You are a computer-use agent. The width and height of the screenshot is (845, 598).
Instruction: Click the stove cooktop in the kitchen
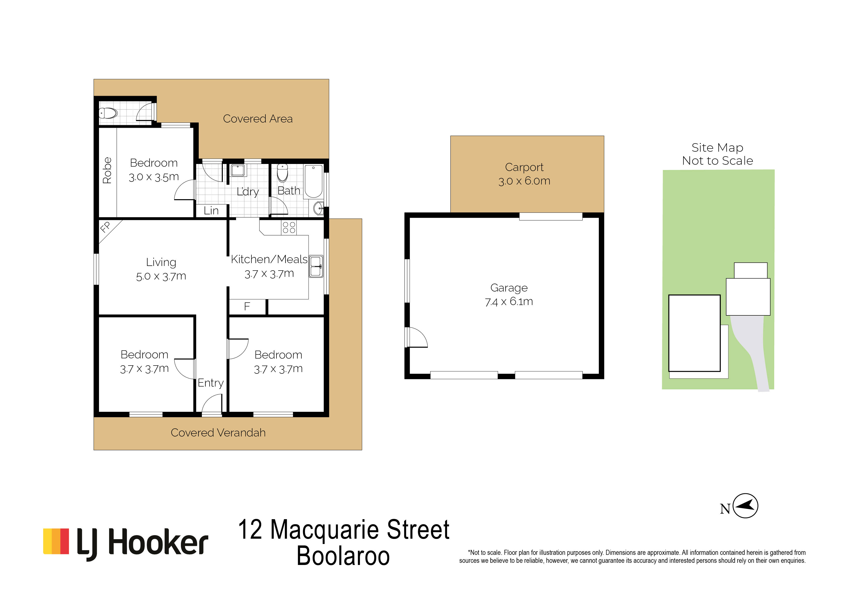(289, 227)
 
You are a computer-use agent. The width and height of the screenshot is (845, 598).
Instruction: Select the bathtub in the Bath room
(314, 182)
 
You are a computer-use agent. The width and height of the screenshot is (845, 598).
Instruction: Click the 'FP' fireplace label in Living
(105, 227)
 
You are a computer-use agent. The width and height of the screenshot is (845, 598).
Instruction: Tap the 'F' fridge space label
(247, 306)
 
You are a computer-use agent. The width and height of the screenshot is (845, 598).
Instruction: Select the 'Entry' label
(211, 383)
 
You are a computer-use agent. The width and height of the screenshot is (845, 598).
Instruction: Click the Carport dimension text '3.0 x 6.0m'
(524, 181)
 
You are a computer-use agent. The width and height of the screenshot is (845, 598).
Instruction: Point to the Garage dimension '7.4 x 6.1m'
(509, 302)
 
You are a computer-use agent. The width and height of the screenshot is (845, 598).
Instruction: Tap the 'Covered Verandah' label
(218, 433)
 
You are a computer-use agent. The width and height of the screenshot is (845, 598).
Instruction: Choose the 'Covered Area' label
(258, 119)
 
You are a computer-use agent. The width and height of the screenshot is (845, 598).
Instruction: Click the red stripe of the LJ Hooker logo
(65, 541)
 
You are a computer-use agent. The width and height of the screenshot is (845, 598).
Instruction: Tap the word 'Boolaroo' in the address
(343, 556)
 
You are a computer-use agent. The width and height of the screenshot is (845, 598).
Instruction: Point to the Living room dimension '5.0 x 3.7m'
(161, 276)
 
